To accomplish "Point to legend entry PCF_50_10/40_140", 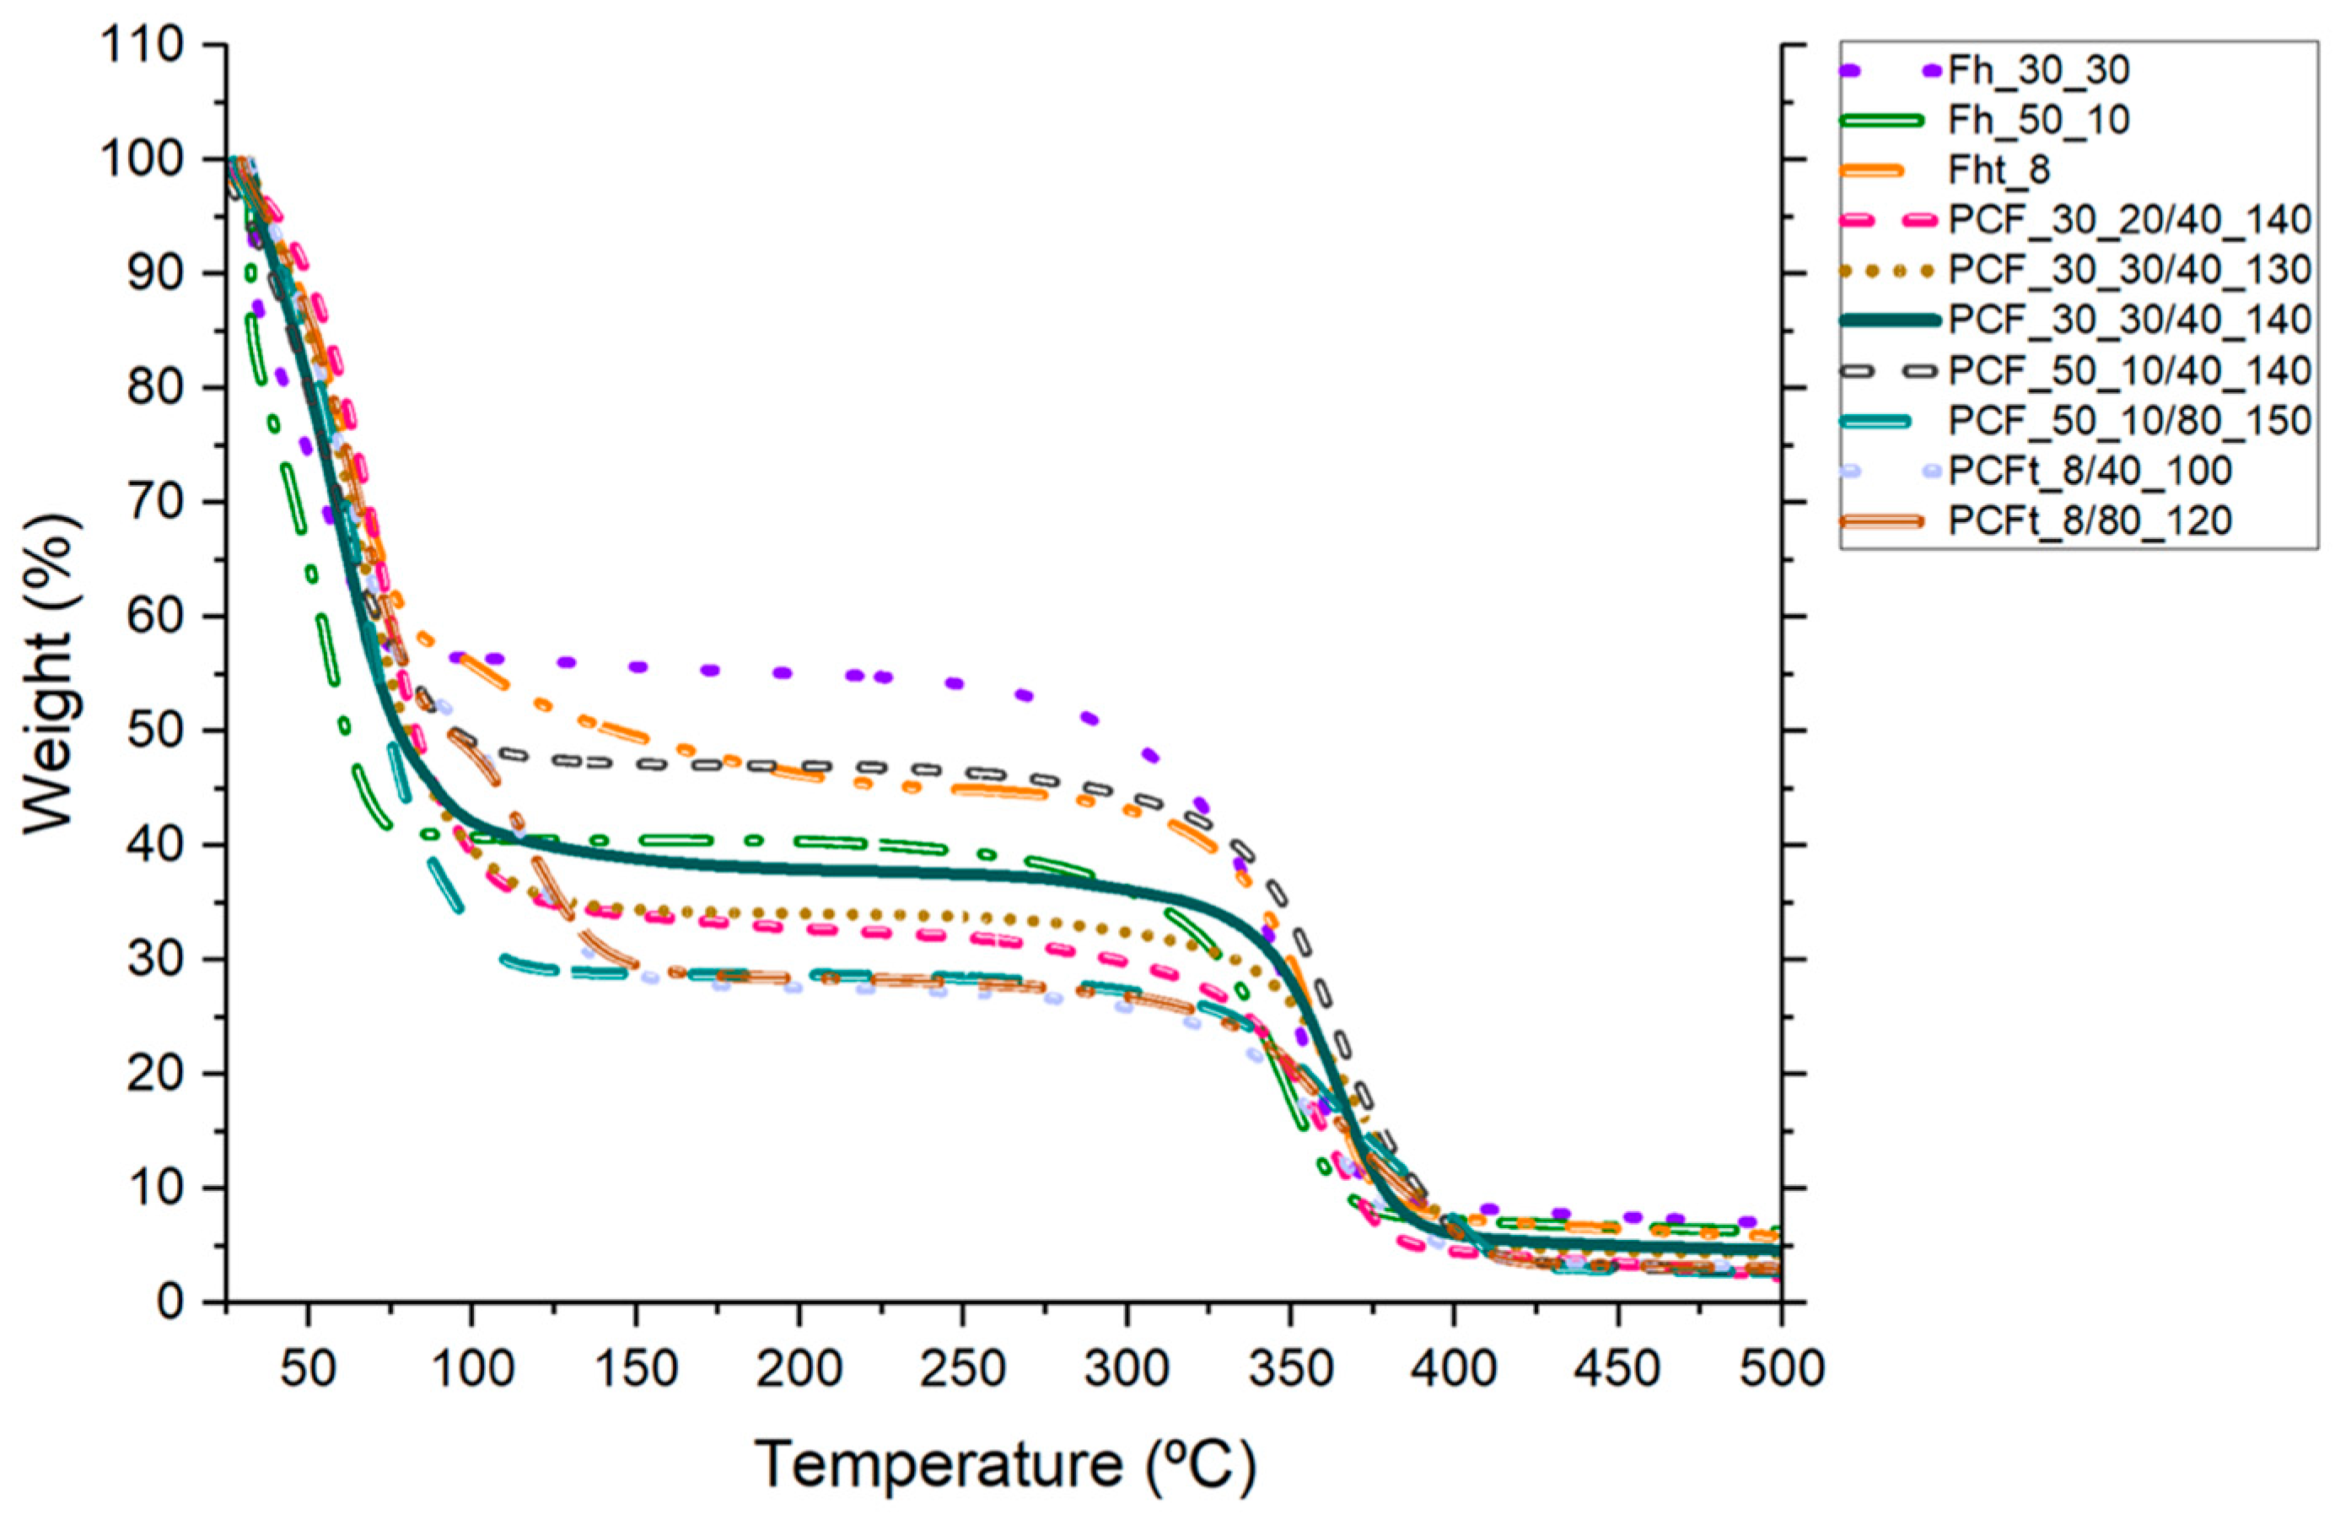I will click(2128, 370).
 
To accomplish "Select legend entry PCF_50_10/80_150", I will click(2128, 421).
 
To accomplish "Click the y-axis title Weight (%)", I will click(49, 675).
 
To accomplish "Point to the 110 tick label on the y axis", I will click(140, 46).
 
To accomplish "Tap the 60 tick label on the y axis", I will click(153, 617).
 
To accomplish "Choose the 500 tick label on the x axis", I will click(1781, 1369).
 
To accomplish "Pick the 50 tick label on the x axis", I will click(308, 1369).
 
